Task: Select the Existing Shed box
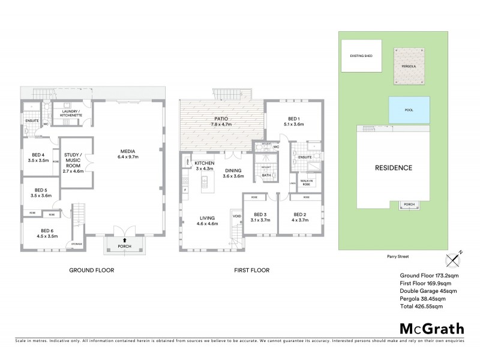361,56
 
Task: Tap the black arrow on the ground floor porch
125,240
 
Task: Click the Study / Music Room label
75,162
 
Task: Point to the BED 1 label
293,122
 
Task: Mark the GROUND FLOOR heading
91,270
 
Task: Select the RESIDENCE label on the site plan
394,167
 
